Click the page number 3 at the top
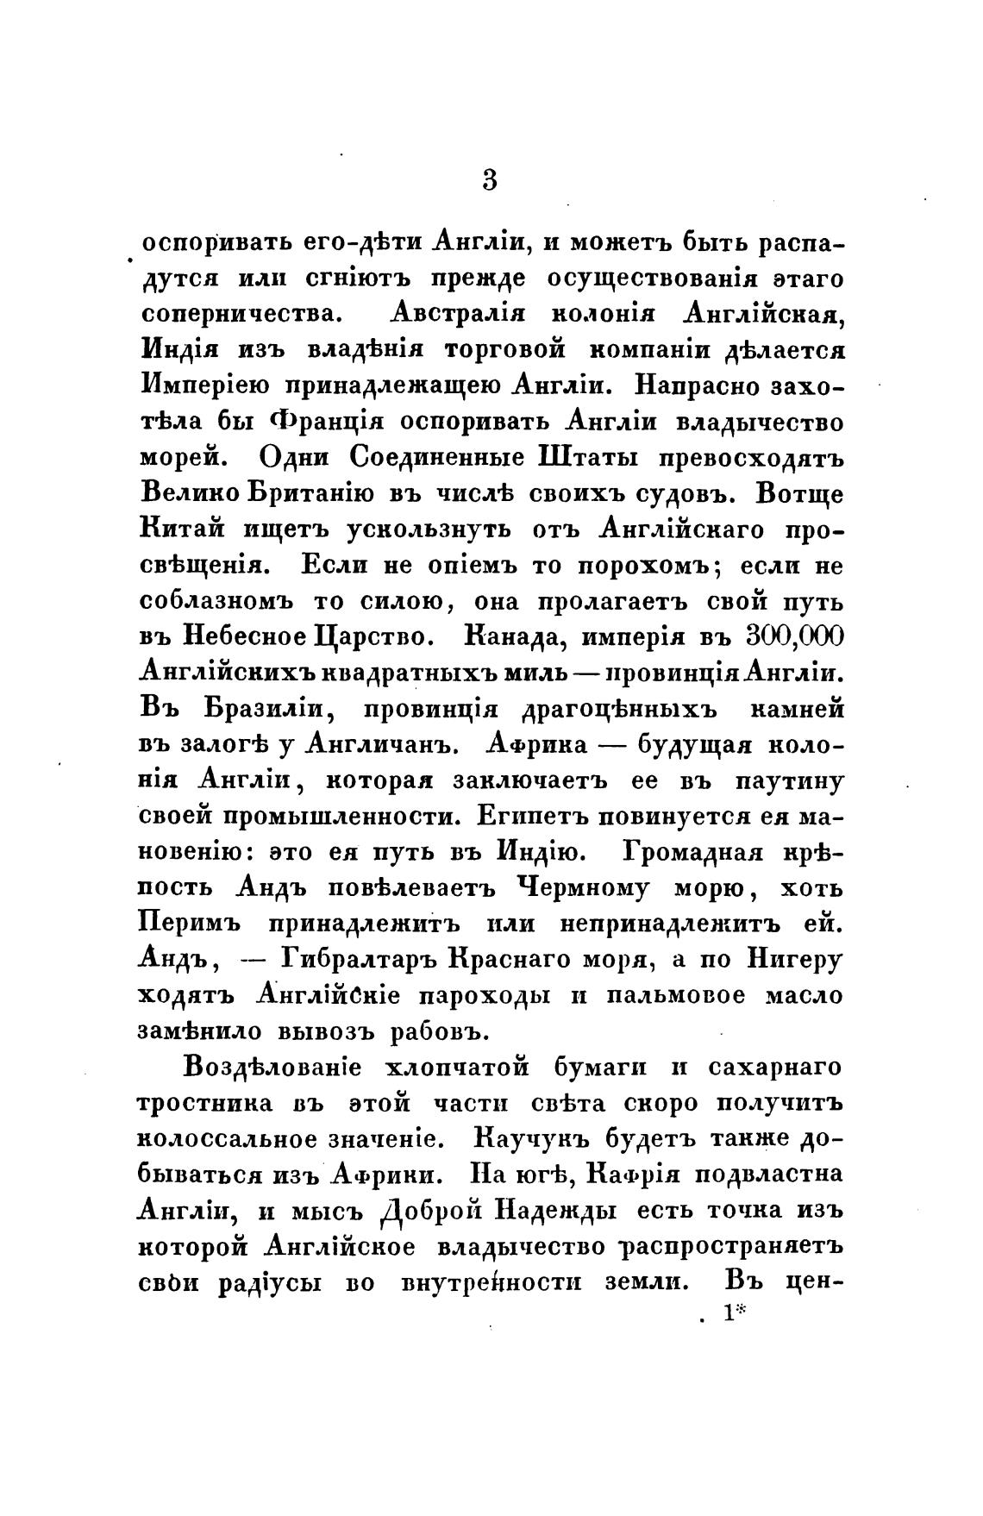[x=490, y=180]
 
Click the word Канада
[x=514, y=638]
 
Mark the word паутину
[x=788, y=781]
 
